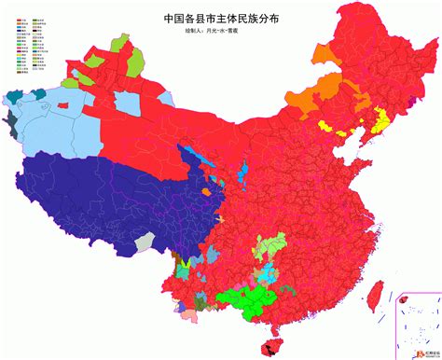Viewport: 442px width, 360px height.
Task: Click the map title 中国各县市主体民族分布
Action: tap(221, 17)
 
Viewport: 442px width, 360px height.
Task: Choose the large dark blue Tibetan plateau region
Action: tap(103, 191)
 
